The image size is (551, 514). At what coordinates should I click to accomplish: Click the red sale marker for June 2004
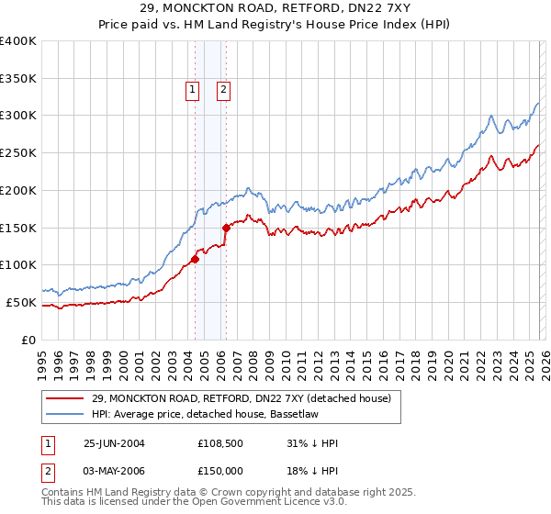point(196,259)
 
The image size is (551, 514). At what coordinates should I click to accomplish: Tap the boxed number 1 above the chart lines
point(192,89)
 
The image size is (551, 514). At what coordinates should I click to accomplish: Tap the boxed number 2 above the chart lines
point(223,89)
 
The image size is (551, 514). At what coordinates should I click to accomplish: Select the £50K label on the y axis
point(21,302)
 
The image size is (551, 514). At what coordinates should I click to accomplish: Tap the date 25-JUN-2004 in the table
point(114,443)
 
